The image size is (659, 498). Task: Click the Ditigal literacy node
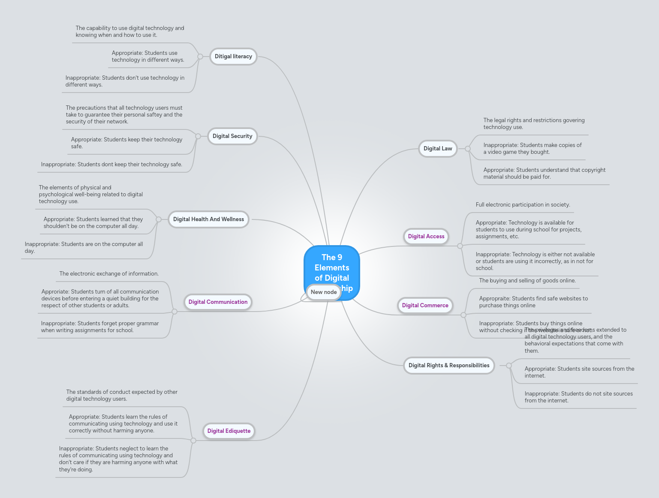(x=233, y=57)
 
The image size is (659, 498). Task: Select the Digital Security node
(x=232, y=136)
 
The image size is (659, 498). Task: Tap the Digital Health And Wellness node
(x=208, y=219)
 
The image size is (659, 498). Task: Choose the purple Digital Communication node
(x=218, y=302)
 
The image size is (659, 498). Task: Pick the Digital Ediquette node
(x=229, y=431)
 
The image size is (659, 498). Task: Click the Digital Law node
(x=438, y=149)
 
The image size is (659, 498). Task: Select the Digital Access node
(x=426, y=237)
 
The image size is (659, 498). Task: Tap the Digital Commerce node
(x=425, y=306)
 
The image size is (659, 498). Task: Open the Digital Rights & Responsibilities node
(x=449, y=366)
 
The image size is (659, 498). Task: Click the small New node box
(x=324, y=292)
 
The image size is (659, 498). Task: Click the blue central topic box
(x=332, y=266)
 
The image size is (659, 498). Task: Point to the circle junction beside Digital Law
(x=468, y=149)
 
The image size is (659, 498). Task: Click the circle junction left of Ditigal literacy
(x=200, y=57)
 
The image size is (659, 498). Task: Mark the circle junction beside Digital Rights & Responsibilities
(x=509, y=366)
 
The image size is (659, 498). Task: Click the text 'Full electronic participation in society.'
(x=523, y=205)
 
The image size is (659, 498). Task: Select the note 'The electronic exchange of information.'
(x=109, y=274)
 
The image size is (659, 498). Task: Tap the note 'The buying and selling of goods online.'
(x=527, y=281)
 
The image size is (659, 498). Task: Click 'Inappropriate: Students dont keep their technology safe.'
(x=111, y=165)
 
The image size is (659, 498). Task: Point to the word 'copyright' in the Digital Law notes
(x=593, y=170)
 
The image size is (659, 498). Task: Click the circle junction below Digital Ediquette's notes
(x=193, y=441)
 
